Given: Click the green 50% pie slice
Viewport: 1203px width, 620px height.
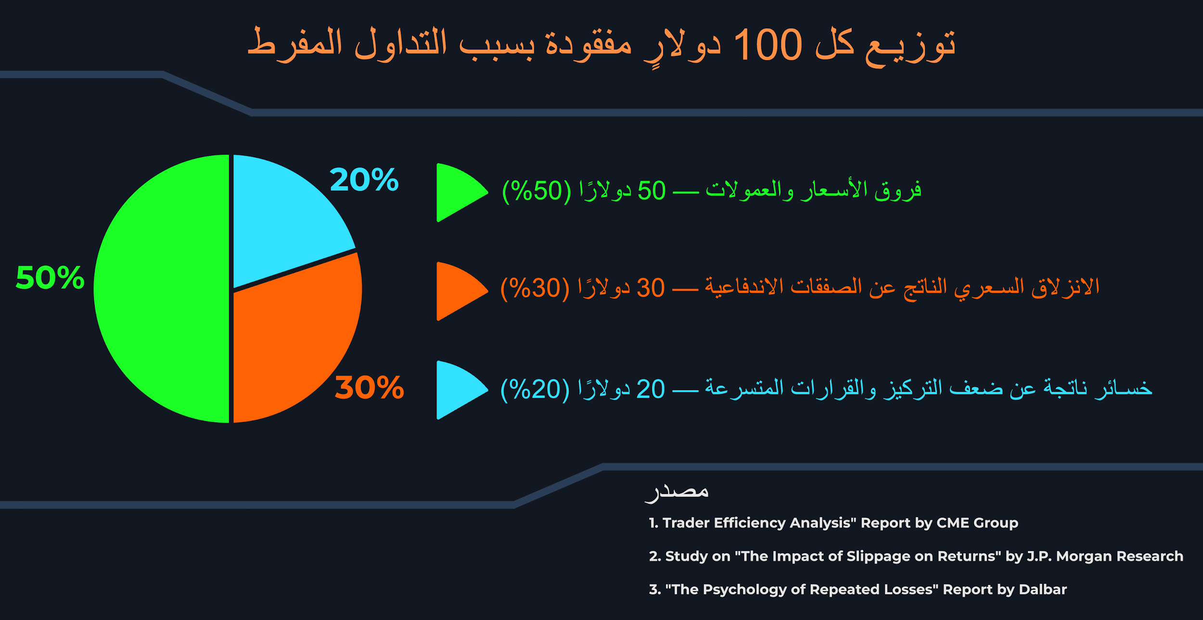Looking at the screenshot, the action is [161, 289].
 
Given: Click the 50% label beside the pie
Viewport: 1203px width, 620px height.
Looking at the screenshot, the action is [50, 278].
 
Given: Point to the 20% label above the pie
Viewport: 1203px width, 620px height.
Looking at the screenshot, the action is [364, 179].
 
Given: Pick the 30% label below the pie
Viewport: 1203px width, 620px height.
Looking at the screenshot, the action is [369, 387].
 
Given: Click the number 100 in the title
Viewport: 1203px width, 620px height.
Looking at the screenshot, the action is [768, 45].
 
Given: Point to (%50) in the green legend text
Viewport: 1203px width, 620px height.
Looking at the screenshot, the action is [537, 191].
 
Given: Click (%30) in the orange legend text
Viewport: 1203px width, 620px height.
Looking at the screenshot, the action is [535, 288].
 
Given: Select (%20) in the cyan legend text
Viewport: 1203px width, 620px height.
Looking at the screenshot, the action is [535, 389].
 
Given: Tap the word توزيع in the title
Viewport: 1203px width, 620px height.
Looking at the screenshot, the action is [910, 46].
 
